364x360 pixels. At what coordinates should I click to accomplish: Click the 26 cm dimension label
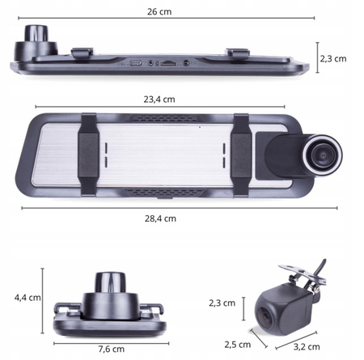tap(159, 12)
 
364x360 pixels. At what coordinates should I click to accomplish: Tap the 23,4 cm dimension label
tap(159, 100)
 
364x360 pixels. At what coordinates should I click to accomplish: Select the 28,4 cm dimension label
tap(160, 218)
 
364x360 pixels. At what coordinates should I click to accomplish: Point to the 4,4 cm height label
tap(28, 298)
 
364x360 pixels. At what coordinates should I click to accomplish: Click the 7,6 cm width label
tap(111, 349)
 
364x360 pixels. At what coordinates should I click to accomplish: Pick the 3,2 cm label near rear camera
tap(307, 347)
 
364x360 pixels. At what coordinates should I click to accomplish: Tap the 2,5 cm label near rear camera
tap(238, 345)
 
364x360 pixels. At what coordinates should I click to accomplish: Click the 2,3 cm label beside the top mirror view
tap(333, 59)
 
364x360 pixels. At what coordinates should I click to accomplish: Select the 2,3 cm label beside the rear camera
tap(222, 303)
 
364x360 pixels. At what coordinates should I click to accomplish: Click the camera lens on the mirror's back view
tap(322, 155)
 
